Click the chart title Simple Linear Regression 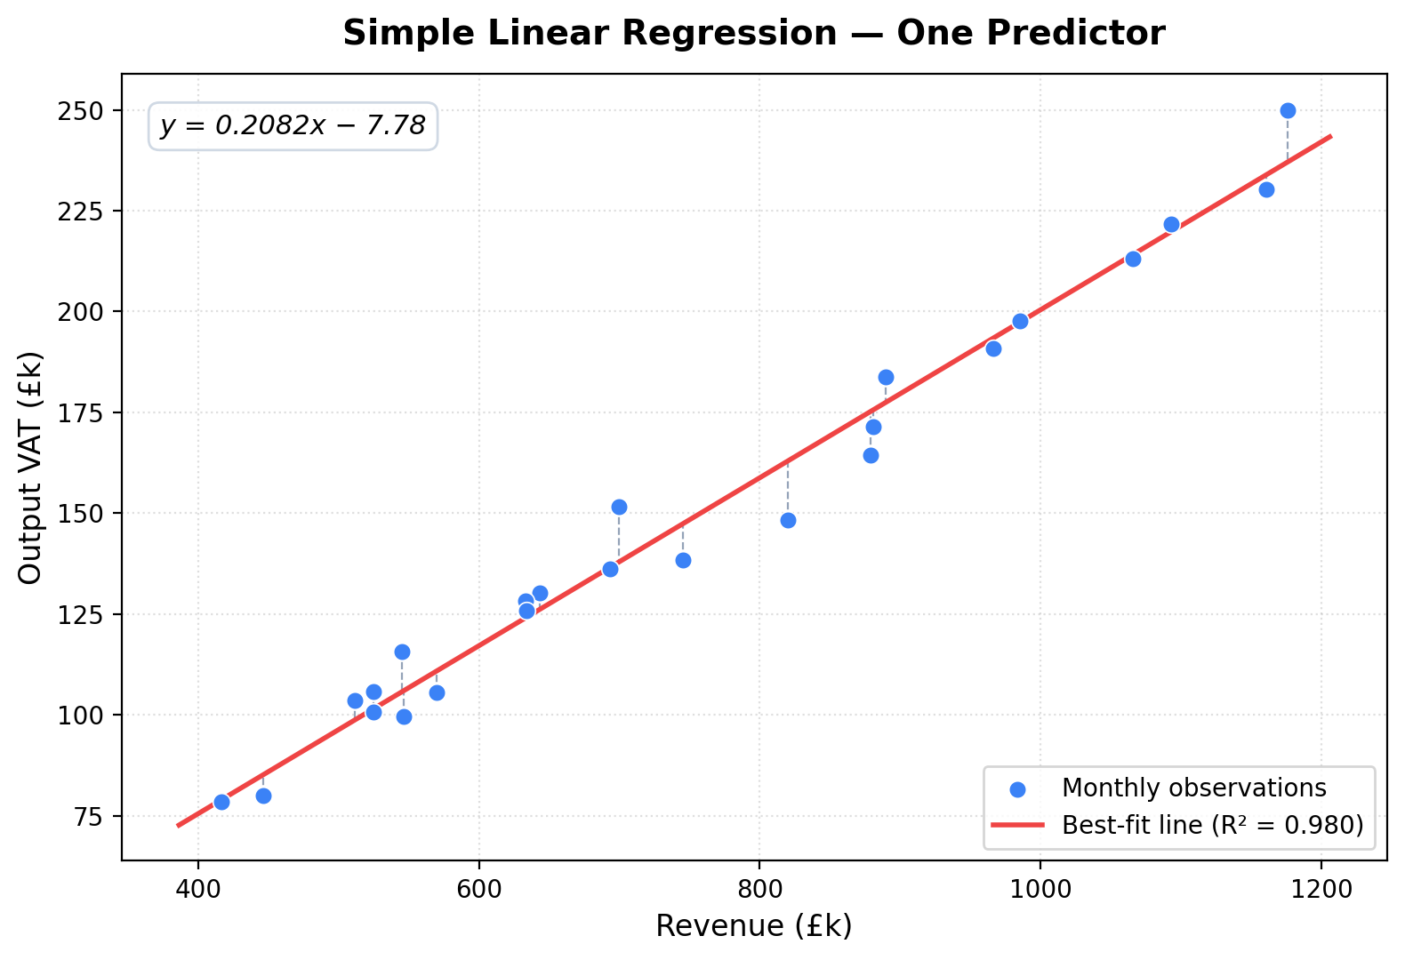point(753,34)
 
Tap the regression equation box point(293,126)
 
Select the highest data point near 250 point(1288,110)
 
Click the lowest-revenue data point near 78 point(221,802)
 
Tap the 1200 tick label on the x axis point(1321,888)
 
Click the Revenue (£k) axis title point(753,926)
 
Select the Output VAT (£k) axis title point(30,468)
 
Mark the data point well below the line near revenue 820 point(788,520)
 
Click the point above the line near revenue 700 point(619,507)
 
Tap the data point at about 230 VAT point(1266,189)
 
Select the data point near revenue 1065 point(1133,259)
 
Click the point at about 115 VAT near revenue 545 point(402,652)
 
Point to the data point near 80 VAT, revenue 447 point(263,796)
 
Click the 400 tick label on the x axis point(197,888)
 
